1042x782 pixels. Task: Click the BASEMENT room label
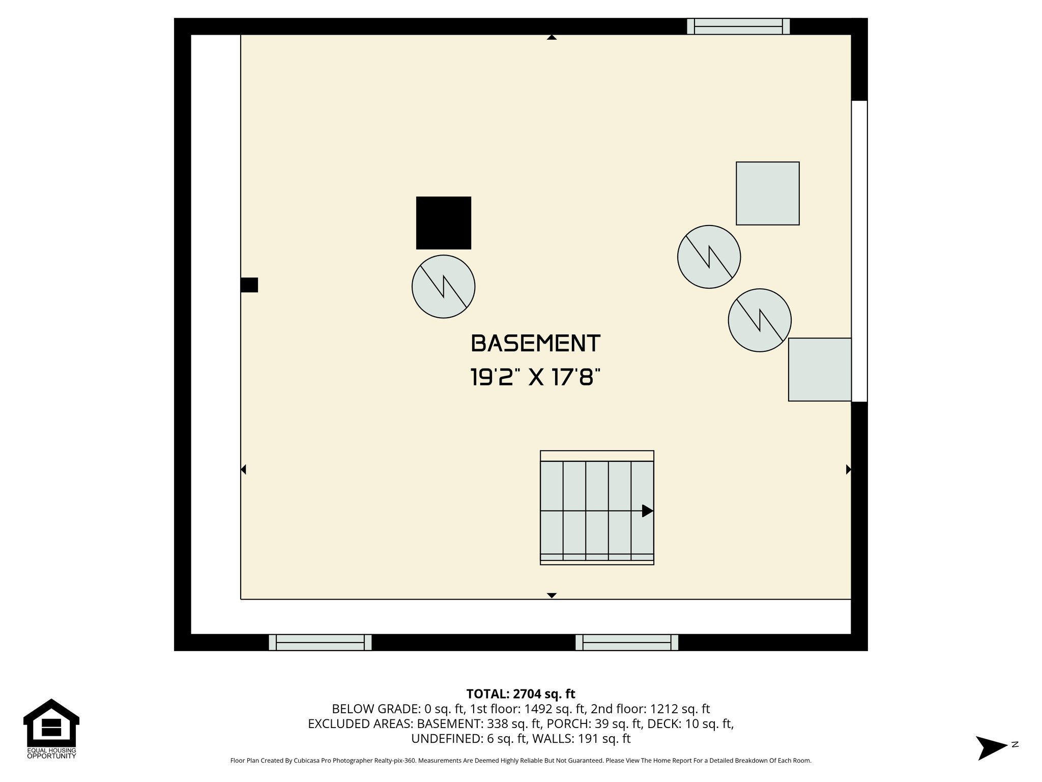[536, 344]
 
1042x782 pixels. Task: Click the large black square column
[443, 223]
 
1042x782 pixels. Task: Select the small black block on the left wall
[249, 285]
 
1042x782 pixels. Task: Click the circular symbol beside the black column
[443, 287]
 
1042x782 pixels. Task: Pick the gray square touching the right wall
[819, 370]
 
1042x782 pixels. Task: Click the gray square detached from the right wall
[767, 193]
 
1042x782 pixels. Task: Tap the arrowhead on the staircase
[647, 511]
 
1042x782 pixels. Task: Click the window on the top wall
[738, 26]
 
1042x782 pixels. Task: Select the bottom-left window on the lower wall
[320, 643]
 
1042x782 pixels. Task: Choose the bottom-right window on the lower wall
[626, 643]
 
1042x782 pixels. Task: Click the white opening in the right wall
[859, 251]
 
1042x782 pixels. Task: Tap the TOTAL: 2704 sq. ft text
[520, 694]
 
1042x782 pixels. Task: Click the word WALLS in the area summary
[558, 738]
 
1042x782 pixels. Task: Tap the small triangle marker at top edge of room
[552, 37]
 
